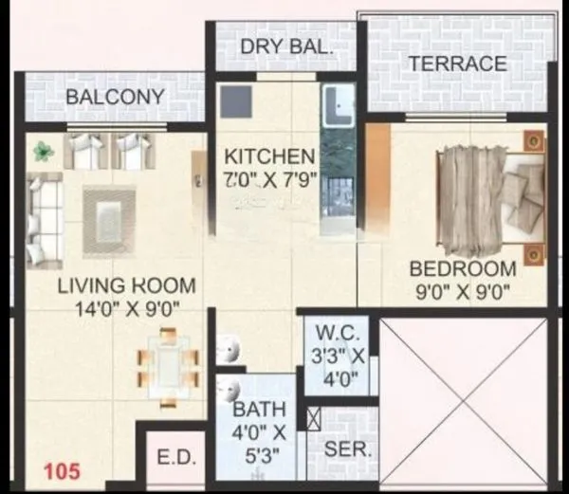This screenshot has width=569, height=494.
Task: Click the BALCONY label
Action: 116,98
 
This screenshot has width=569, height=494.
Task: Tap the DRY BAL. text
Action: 285,47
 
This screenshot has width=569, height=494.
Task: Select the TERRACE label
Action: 457,64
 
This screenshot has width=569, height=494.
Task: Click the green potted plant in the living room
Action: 43,150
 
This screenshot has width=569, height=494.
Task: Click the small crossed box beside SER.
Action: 314,416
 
